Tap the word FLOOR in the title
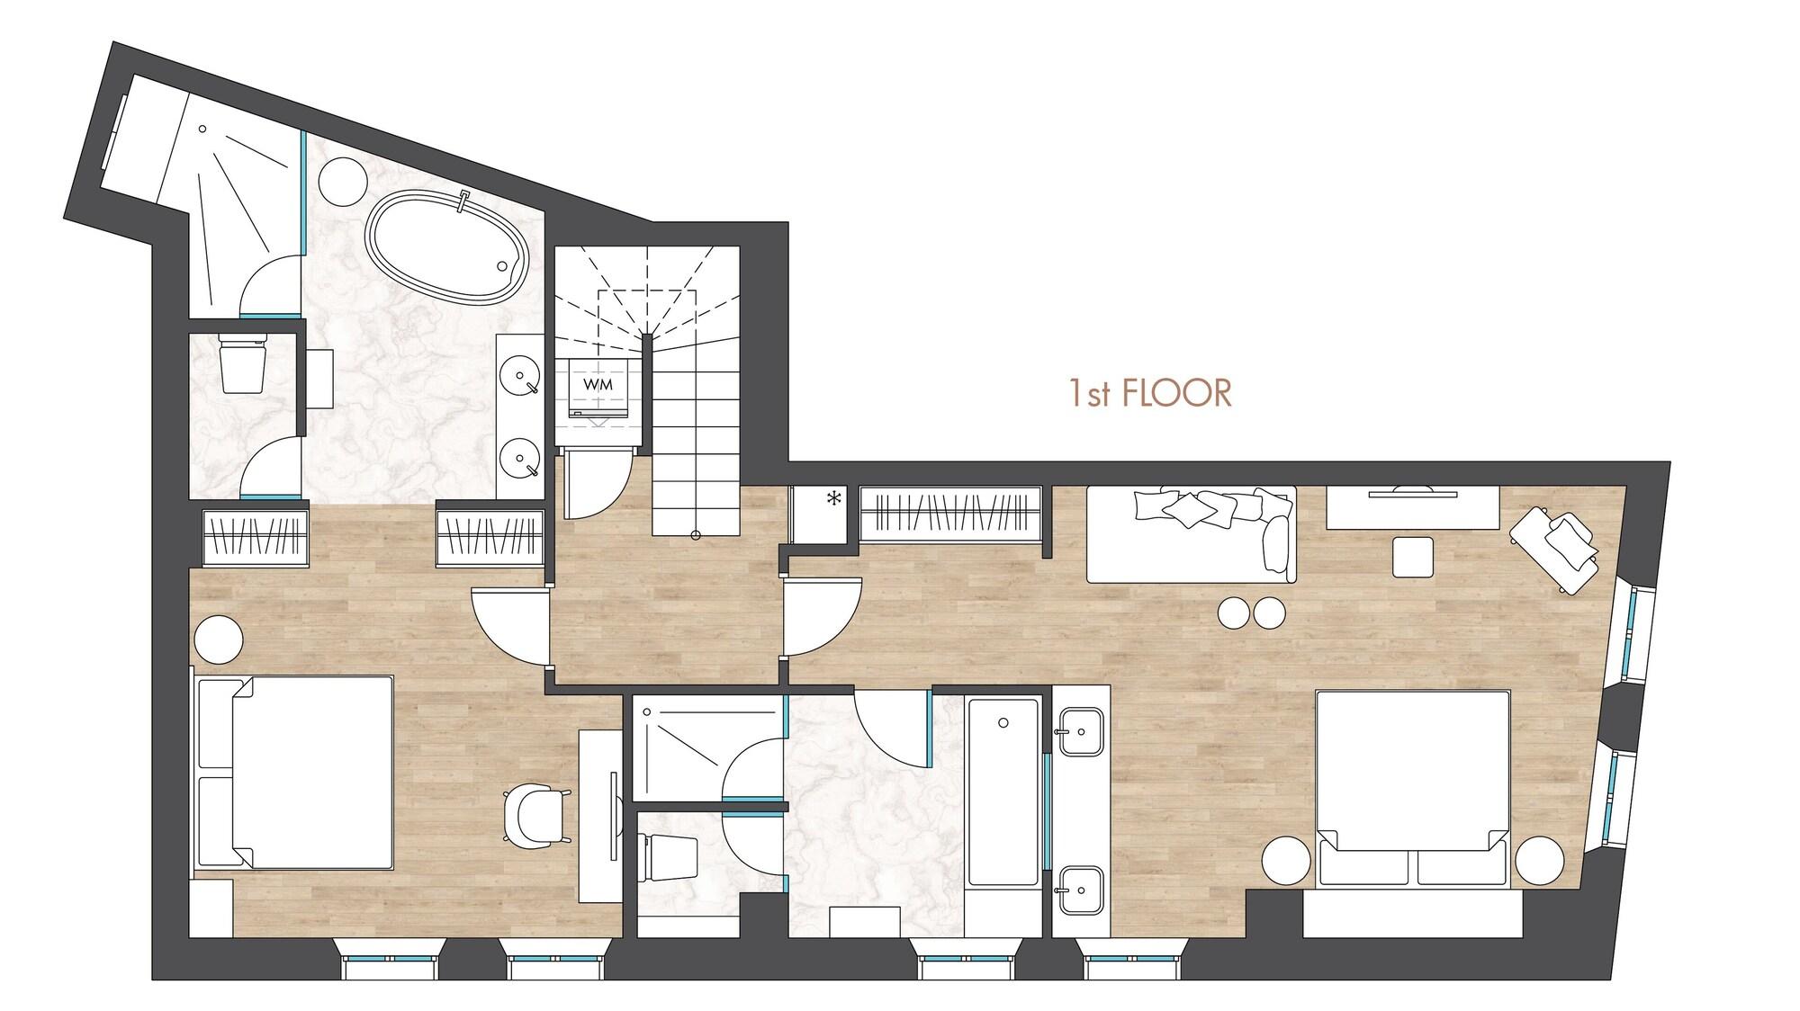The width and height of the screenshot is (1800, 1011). [x=1175, y=394]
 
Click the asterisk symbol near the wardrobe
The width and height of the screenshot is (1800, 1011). [x=834, y=497]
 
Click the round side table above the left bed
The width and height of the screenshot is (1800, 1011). [x=218, y=638]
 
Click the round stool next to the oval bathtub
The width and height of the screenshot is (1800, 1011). [x=343, y=180]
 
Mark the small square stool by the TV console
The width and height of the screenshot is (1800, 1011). [x=1413, y=557]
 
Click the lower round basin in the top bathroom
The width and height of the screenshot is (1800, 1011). [x=521, y=458]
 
